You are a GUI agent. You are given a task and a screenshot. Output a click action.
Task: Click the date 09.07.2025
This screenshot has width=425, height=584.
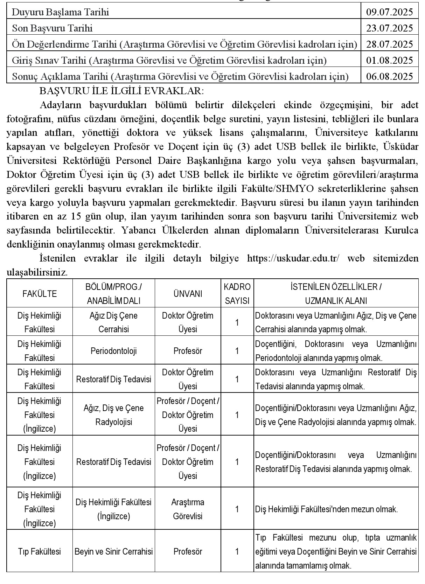pos(389,12)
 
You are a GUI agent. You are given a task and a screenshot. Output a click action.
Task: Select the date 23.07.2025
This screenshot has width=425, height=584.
pos(389,28)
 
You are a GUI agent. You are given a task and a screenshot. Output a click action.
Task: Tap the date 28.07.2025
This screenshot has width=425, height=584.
pos(389,44)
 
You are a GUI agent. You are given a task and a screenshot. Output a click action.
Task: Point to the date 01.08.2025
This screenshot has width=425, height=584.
pos(389,60)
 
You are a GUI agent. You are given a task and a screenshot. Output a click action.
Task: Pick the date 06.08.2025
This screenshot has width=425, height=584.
pos(389,76)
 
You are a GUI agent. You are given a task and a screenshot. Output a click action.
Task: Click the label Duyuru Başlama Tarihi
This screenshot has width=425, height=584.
pos(61,12)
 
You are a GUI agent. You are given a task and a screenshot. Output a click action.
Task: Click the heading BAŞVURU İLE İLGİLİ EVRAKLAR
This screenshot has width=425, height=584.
pos(121,91)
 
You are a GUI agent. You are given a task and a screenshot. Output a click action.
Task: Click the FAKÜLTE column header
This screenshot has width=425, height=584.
pos(40,294)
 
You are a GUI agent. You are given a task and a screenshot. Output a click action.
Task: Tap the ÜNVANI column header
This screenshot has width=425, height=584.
pos(188,294)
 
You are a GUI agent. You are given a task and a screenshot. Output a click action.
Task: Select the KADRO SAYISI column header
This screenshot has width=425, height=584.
pos(237,294)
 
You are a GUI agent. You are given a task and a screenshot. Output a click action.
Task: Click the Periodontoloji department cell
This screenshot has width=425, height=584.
pos(114,351)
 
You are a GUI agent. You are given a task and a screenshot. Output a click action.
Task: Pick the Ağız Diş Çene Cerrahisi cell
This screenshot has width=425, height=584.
pos(114,322)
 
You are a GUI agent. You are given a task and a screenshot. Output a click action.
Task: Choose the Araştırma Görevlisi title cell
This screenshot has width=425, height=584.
pos(188,509)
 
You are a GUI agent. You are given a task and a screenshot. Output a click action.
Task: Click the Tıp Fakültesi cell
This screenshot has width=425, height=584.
pos(40,551)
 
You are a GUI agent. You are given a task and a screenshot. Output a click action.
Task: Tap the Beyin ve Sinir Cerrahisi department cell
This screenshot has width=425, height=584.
pos(114,551)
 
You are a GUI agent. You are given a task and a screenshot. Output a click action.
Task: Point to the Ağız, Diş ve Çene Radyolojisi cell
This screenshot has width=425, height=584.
pos(114,415)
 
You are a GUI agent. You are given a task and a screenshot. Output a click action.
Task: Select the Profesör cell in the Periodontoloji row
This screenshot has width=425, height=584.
pos(188,351)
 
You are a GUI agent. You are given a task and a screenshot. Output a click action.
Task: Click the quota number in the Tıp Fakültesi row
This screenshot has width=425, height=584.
pos(237,551)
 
